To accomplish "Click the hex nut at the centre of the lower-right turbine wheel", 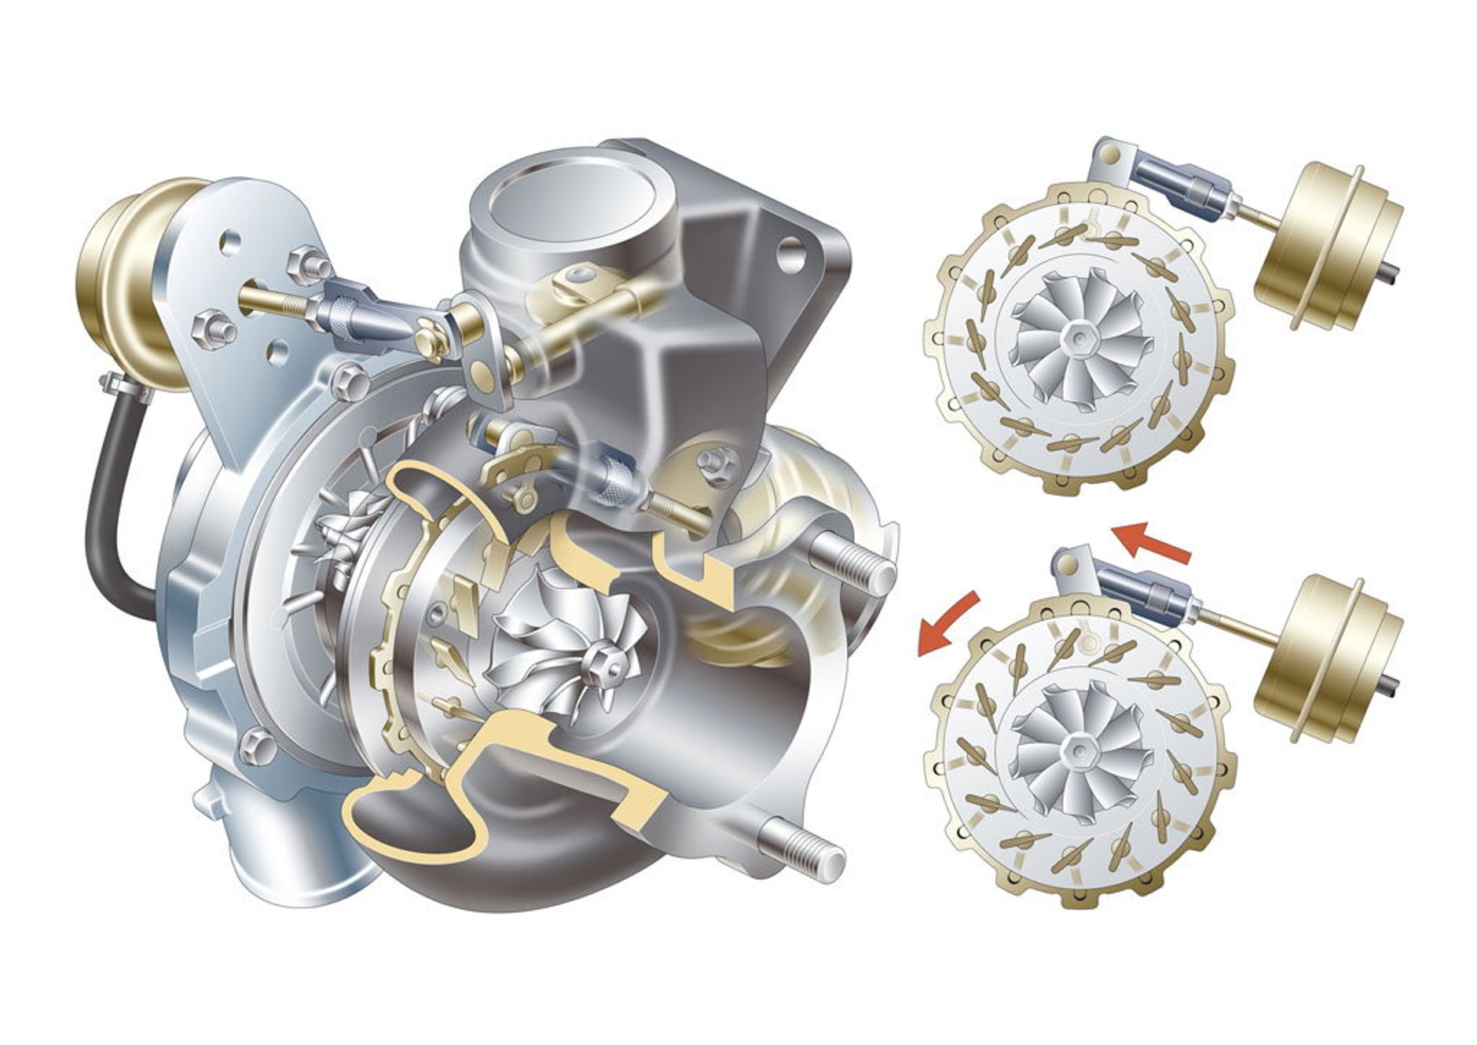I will click(1077, 750).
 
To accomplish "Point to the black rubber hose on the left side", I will click(110, 511).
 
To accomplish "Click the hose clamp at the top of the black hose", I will click(126, 386).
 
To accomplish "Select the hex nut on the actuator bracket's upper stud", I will click(306, 263).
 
